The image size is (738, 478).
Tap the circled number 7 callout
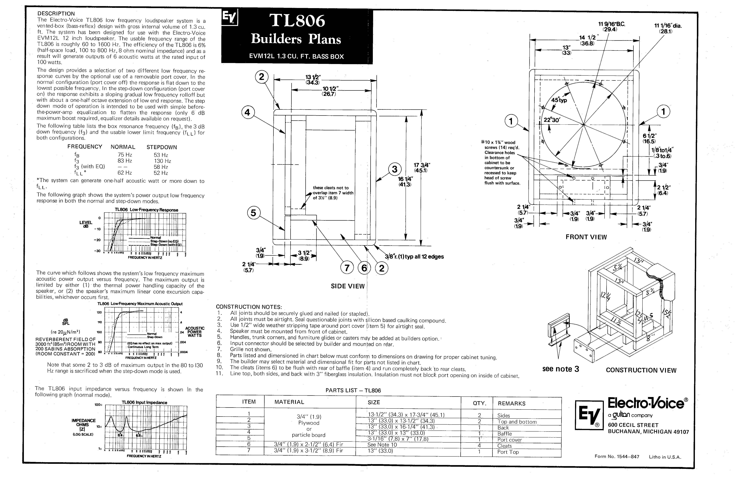tap(347, 268)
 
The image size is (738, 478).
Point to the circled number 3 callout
tap(394, 169)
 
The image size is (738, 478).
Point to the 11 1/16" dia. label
tap(668, 28)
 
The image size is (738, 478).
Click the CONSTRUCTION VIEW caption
tap(641, 370)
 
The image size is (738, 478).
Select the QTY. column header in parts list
tap(479, 403)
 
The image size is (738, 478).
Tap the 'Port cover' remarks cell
tap(509, 440)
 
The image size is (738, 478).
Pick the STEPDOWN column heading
tap(162, 147)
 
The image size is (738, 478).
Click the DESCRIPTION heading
tap(56, 14)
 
